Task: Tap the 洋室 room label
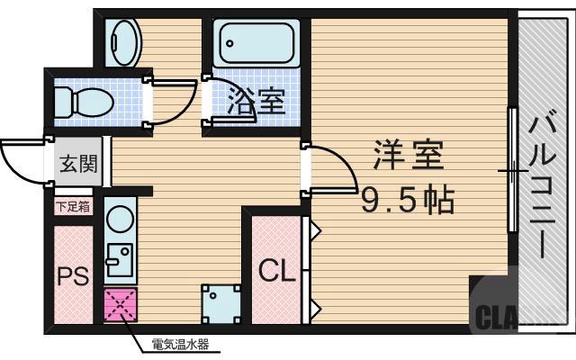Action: tap(409, 158)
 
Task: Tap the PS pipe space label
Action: tap(74, 275)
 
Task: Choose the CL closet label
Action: tap(276, 271)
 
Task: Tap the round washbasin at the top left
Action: tap(122, 41)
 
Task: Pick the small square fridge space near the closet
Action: tap(220, 305)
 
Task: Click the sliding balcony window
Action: tap(512, 171)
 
